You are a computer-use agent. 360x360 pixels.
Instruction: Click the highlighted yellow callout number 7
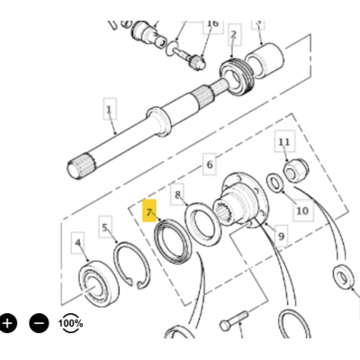pyautogui.click(x=149, y=211)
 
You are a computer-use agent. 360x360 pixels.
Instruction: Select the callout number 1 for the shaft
pyautogui.click(x=110, y=109)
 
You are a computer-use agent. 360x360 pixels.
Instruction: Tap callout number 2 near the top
pyautogui.click(x=234, y=34)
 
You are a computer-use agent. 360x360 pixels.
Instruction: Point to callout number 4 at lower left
pyautogui.click(x=78, y=243)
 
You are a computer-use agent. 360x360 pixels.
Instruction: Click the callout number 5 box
pyautogui.click(x=105, y=227)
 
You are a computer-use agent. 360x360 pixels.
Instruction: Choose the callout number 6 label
pyautogui.click(x=210, y=164)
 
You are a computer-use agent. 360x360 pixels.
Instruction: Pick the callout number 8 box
pyautogui.click(x=177, y=194)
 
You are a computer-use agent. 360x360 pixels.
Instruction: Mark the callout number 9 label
pyautogui.click(x=281, y=236)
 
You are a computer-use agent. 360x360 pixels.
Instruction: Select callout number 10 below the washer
pyautogui.click(x=302, y=211)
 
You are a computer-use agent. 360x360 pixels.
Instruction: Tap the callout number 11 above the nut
pyautogui.click(x=284, y=141)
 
